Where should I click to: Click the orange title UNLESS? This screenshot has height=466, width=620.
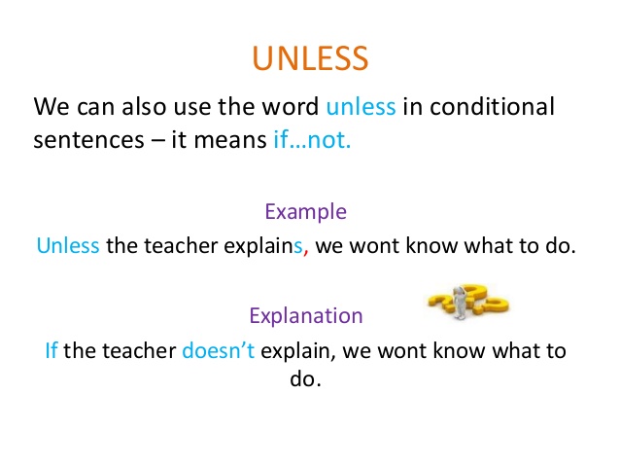click(310, 57)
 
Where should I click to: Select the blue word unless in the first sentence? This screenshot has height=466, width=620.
click(362, 105)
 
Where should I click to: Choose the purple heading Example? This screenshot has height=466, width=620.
click(305, 212)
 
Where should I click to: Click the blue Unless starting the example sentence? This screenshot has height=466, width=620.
click(68, 245)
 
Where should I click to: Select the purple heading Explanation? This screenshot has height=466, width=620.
click(306, 315)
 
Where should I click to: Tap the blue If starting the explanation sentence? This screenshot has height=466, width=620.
click(52, 349)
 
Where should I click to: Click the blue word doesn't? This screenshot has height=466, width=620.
click(218, 349)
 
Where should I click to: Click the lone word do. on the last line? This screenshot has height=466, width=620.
click(305, 379)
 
